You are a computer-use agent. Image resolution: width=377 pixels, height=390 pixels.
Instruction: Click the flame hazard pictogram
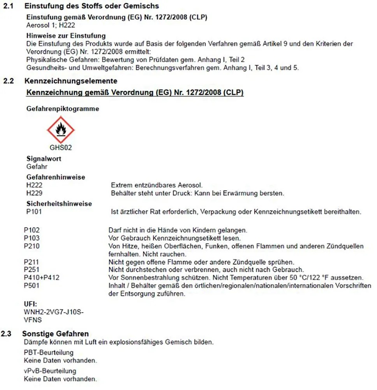pos(60,129)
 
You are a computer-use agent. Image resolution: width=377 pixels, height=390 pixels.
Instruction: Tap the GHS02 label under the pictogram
pos(60,148)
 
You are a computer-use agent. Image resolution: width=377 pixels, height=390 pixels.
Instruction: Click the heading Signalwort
pos(44,159)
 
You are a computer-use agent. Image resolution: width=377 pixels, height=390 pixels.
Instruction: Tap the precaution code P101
pos(34,212)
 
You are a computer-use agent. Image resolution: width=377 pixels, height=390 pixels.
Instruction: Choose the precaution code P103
pos(32,238)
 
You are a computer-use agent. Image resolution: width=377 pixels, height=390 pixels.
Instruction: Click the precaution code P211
pos(32,262)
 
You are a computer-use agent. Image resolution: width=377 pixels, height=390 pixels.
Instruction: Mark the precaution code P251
pos(32,269)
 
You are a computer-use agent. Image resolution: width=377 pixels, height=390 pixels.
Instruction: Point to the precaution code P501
pos(32,285)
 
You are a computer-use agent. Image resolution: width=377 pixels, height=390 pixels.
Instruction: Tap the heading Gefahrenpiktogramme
pos(62,109)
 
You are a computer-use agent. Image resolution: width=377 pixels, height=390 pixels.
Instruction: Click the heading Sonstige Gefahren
pos(55,334)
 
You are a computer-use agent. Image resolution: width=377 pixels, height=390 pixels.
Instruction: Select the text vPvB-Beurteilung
pos(50,370)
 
